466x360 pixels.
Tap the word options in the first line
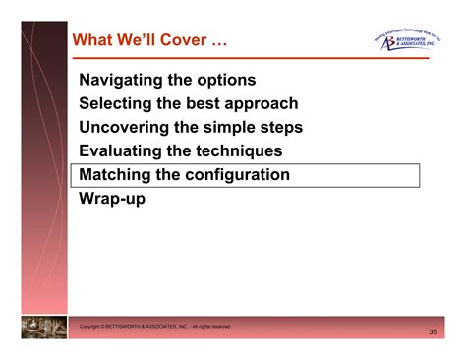point(226,80)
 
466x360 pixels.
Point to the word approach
point(263,103)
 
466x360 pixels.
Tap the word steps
point(281,127)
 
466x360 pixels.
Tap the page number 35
point(433,333)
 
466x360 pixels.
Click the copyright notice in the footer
point(154,326)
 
